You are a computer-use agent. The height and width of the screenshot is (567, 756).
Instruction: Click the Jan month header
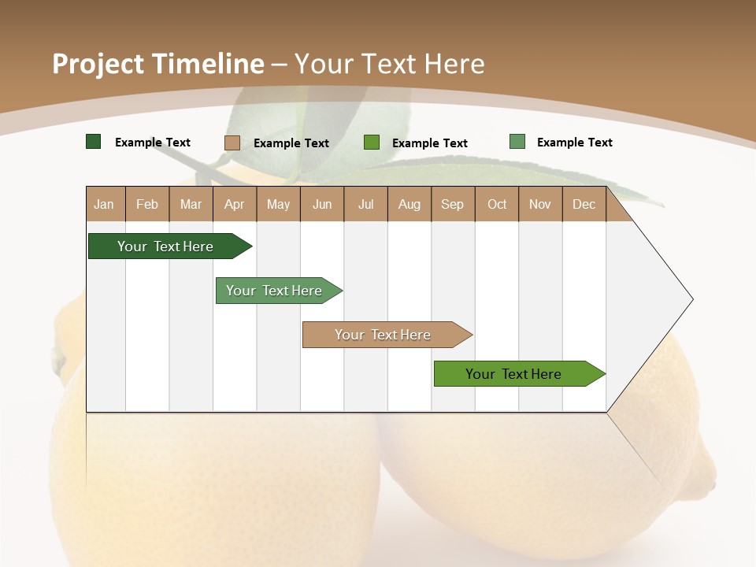tap(104, 204)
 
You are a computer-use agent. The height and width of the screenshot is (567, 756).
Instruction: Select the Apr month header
tap(235, 204)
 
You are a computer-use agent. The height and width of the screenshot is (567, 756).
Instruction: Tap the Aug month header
tap(409, 204)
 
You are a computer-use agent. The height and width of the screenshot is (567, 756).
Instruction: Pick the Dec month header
tap(584, 204)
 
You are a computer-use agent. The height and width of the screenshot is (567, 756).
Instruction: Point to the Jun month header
tap(322, 204)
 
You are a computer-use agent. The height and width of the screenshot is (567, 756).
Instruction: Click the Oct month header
tap(497, 204)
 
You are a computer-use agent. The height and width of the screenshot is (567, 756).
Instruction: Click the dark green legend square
tap(94, 142)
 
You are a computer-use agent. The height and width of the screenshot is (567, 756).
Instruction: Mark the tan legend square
tap(232, 143)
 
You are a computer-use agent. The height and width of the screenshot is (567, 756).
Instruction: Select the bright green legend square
tap(372, 143)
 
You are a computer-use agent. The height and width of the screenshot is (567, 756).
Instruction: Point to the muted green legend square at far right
tap(517, 142)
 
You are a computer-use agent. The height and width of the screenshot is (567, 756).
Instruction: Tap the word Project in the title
tap(98, 64)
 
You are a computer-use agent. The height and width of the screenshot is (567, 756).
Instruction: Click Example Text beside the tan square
tap(291, 143)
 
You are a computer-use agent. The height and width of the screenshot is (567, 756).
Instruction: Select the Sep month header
tap(453, 204)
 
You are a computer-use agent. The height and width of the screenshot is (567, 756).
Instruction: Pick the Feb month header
tap(147, 204)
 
